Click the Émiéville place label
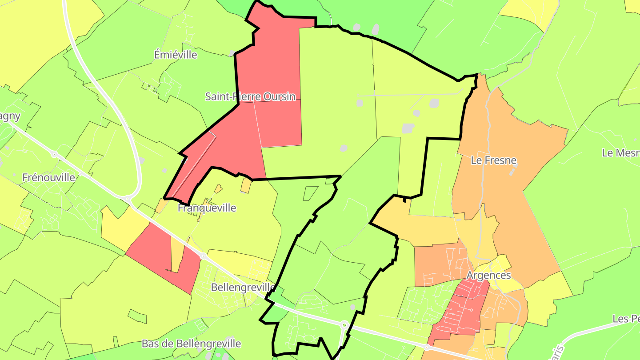(176, 55)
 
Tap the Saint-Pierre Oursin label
(250, 96)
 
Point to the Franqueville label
(207, 208)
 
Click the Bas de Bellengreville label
(191, 344)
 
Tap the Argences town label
(488, 276)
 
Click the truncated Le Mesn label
(620, 153)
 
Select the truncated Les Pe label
(626, 319)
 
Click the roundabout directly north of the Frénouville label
(54, 155)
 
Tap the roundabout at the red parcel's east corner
(203, 256)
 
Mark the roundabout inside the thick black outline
(344, 325)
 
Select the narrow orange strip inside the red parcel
(177, 256)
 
